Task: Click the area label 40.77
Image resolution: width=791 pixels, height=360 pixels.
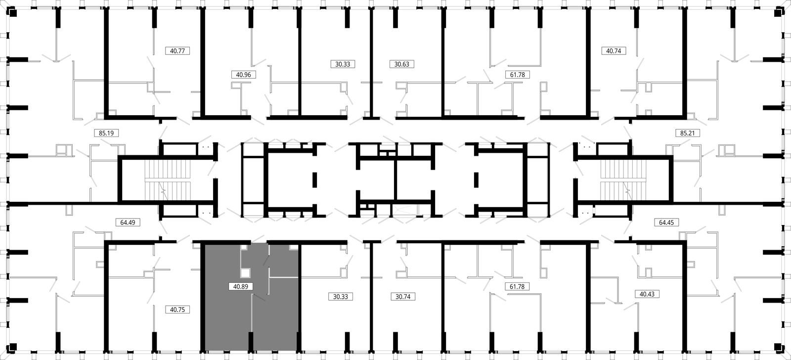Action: click(x=177, y=51)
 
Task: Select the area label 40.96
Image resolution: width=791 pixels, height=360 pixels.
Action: click(x=243, y=75)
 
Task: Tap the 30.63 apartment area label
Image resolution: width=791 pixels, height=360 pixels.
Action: click(x=402, y=64)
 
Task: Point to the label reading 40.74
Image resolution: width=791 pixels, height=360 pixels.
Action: click(x=614, y=51)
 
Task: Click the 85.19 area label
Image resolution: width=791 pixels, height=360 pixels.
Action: click(x=106, y=133)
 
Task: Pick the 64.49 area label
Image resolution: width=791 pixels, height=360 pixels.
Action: click(x=128, y=222)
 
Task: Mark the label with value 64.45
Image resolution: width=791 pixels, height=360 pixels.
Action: click(x=666, y=222)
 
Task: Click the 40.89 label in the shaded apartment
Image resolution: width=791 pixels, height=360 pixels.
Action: click(x=241, y=286)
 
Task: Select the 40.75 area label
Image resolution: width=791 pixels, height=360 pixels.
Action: click(x=177, y=310)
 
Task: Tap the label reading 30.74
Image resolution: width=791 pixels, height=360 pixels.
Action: click(x=403, y=296)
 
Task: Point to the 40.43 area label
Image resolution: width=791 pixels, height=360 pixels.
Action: click(x=647, y=294)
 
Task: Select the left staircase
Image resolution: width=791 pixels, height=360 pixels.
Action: click(x=168, y=180)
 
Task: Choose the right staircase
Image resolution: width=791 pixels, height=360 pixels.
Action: click(x=623, y=180)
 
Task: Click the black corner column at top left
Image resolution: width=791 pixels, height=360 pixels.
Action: click(x=13, y=13)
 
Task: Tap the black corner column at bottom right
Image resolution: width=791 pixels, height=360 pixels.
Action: click(x=778, y=347)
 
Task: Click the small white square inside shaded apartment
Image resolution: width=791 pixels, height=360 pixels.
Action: click(x=245, y=273)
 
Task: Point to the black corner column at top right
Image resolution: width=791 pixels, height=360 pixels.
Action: click(x=778, y=13)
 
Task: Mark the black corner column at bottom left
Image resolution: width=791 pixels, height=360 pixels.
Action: click(x=13, y=347)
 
